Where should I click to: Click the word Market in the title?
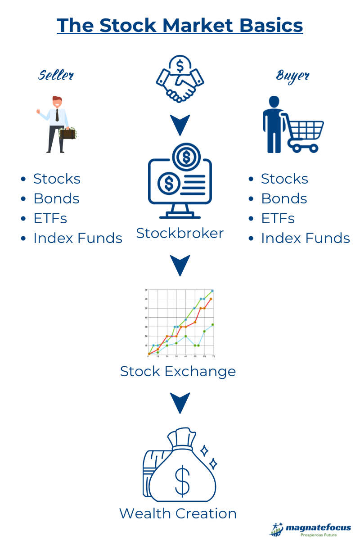[198, 25]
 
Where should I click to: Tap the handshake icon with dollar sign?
[180, 79]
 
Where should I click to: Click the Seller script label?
[56, 75]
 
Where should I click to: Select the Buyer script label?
[292, 76]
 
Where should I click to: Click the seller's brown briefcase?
[68, 133]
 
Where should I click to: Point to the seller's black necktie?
[57, 115]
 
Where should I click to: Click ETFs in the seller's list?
[50, 218]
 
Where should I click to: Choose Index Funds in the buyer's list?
[306, 238]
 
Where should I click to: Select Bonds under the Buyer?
[284, 198]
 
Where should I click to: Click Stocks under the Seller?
[57, 179]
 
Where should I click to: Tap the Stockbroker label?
[180, 234]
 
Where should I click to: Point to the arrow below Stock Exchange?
[180, 403]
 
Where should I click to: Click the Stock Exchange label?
[178, 371]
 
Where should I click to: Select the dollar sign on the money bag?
[182, 481]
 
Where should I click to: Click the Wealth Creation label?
[178, 513]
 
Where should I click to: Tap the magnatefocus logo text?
[318, 528]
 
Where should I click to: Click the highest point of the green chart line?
[212, 291]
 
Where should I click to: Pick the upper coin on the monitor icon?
[186, 157]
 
